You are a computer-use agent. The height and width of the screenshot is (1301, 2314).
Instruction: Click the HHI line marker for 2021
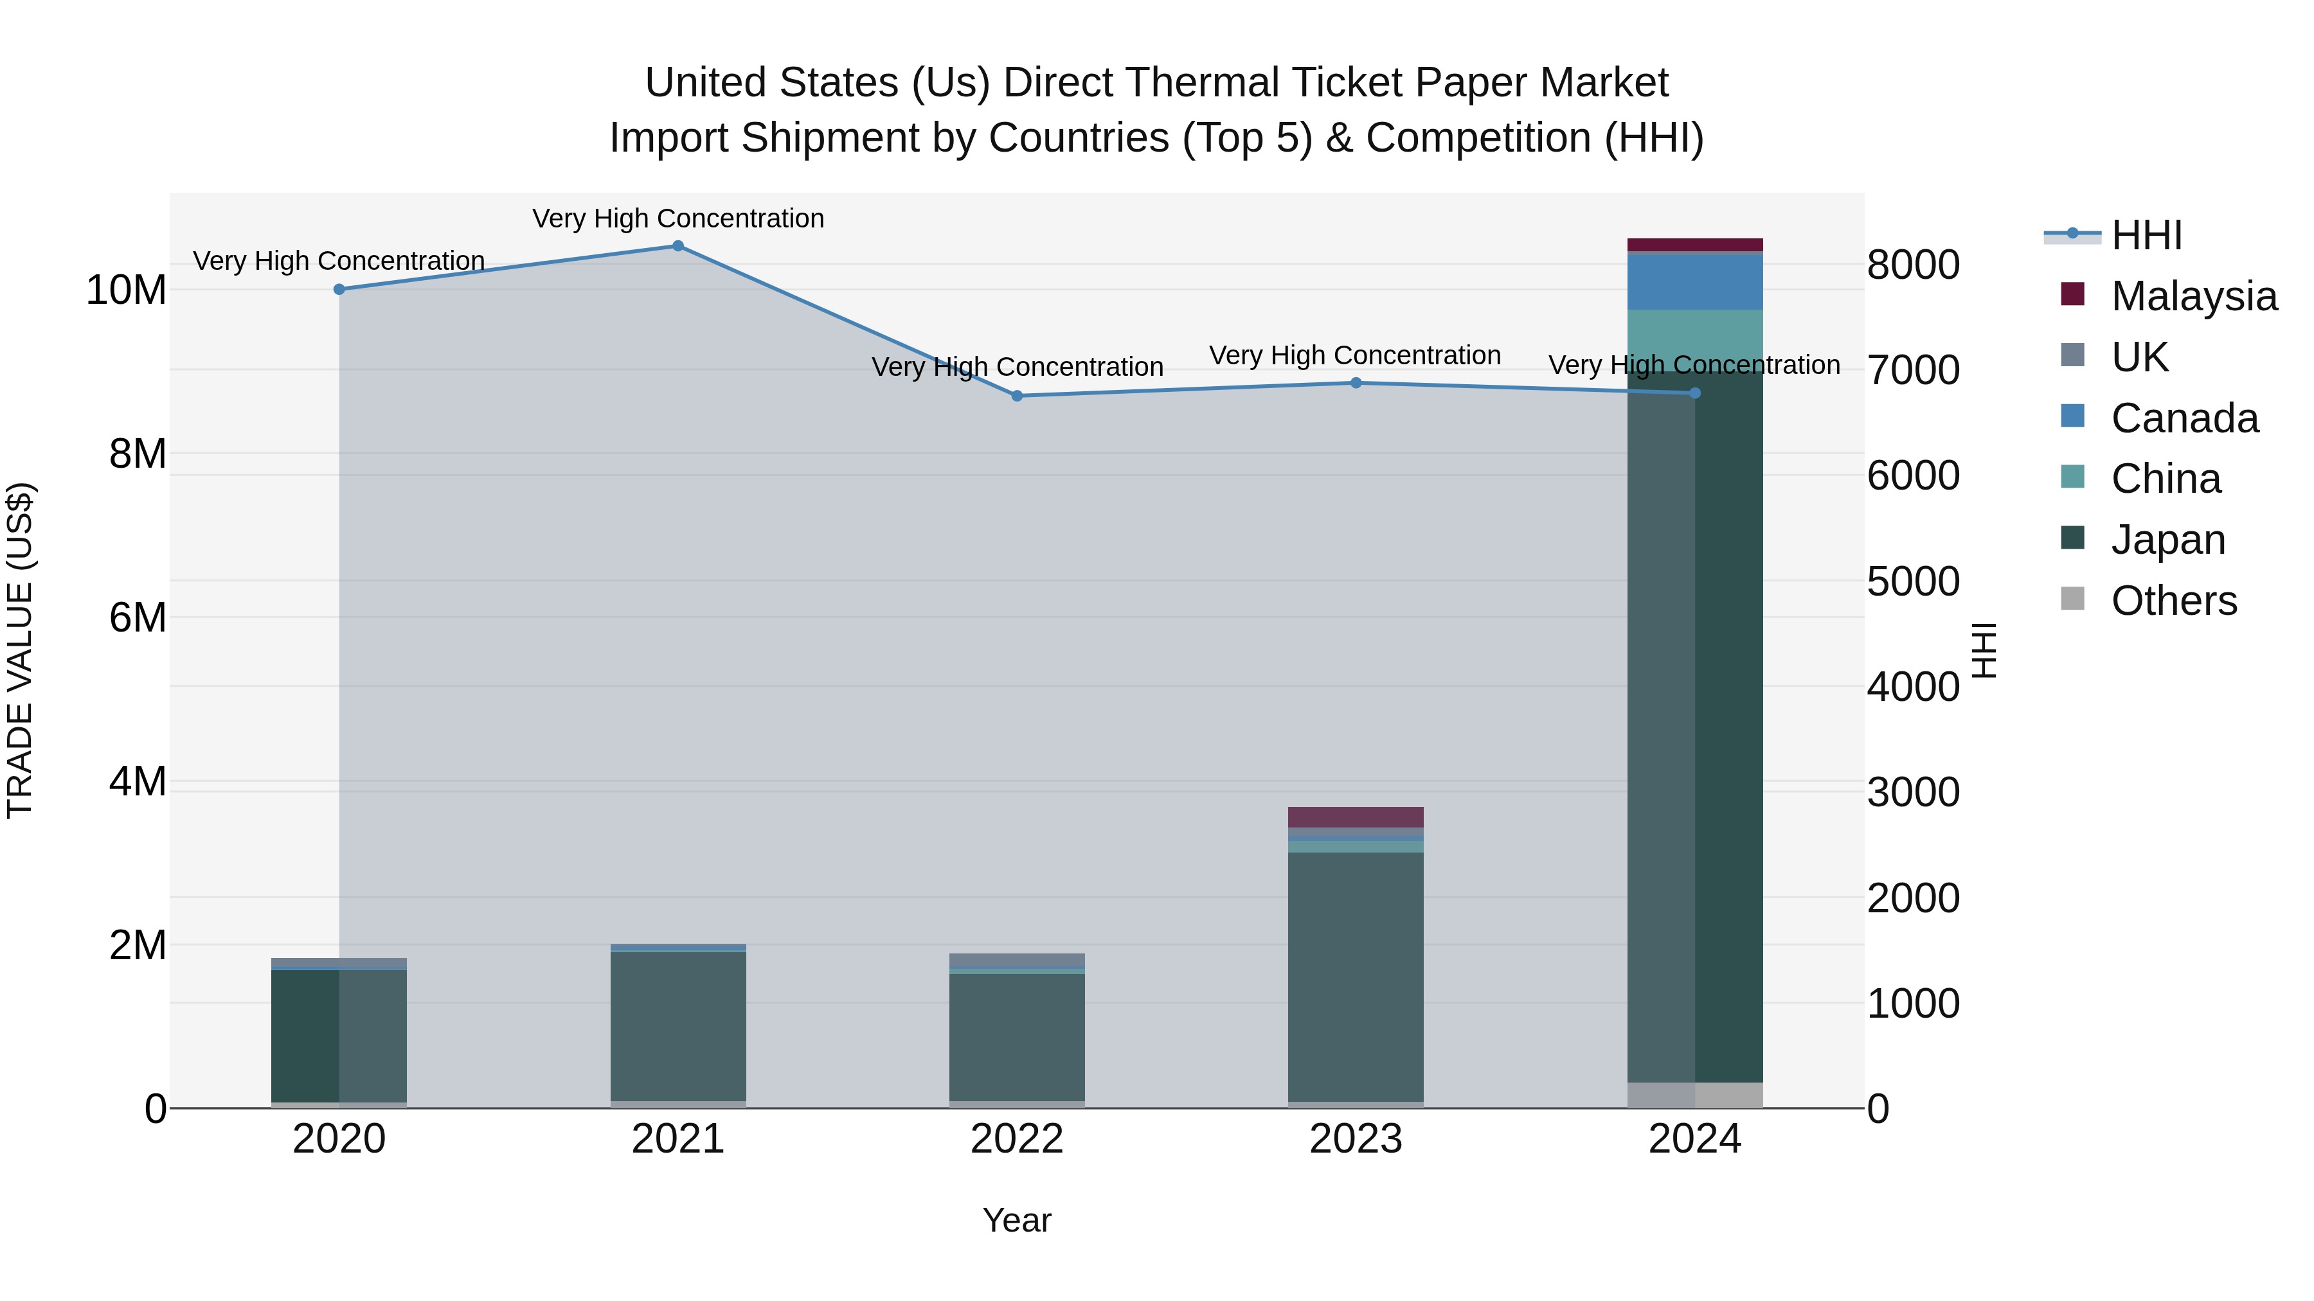[678, 246]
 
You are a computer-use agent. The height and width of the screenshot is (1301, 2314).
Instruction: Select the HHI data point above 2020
[339, 289]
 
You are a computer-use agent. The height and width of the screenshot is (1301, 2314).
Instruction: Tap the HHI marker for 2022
[1017, 396]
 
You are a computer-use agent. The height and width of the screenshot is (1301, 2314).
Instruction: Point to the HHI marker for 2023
[1356, 384]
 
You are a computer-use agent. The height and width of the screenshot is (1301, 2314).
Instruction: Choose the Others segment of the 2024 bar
[1695, 1095]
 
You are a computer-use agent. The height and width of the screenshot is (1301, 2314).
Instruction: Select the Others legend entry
[2173, 601]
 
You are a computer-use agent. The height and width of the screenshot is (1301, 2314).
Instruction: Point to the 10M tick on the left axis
[126, 290]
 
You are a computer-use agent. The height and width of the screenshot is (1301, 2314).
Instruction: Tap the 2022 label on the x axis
[1017, 1139]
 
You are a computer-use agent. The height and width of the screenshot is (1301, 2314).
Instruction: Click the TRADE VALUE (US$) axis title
[20, 650]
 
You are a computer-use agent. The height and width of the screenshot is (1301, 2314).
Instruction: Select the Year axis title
[1017, 1220]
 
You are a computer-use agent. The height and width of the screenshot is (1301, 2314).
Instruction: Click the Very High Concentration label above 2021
[678, 218]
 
